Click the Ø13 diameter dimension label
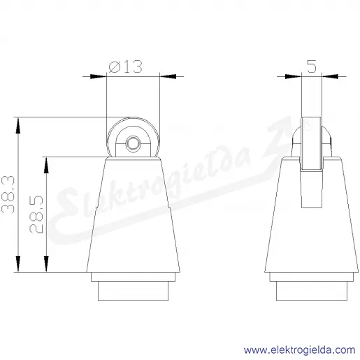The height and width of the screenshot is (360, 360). click(x=125, y=66)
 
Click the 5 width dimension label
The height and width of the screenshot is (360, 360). click(x=312, y=66)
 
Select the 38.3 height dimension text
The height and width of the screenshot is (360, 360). click(x=8, y=194)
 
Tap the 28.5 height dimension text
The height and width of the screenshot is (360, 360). click(x=36, y=214)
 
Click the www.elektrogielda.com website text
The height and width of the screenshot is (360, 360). click(x=300, y=350)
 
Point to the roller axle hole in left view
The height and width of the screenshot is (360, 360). click(x=133, y=145)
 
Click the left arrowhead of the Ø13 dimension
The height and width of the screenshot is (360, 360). click(x=98, y=76)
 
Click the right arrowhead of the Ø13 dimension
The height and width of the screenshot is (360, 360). click(x=168, y=76)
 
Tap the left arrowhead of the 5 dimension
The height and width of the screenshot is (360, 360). click(x=293, y=76)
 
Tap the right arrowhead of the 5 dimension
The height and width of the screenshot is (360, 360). click(x=330, y=76)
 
